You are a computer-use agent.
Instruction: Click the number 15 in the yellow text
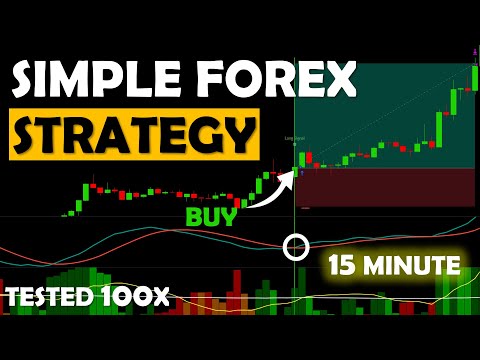[343, 266]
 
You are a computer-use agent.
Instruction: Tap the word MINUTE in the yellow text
[413, 266]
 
